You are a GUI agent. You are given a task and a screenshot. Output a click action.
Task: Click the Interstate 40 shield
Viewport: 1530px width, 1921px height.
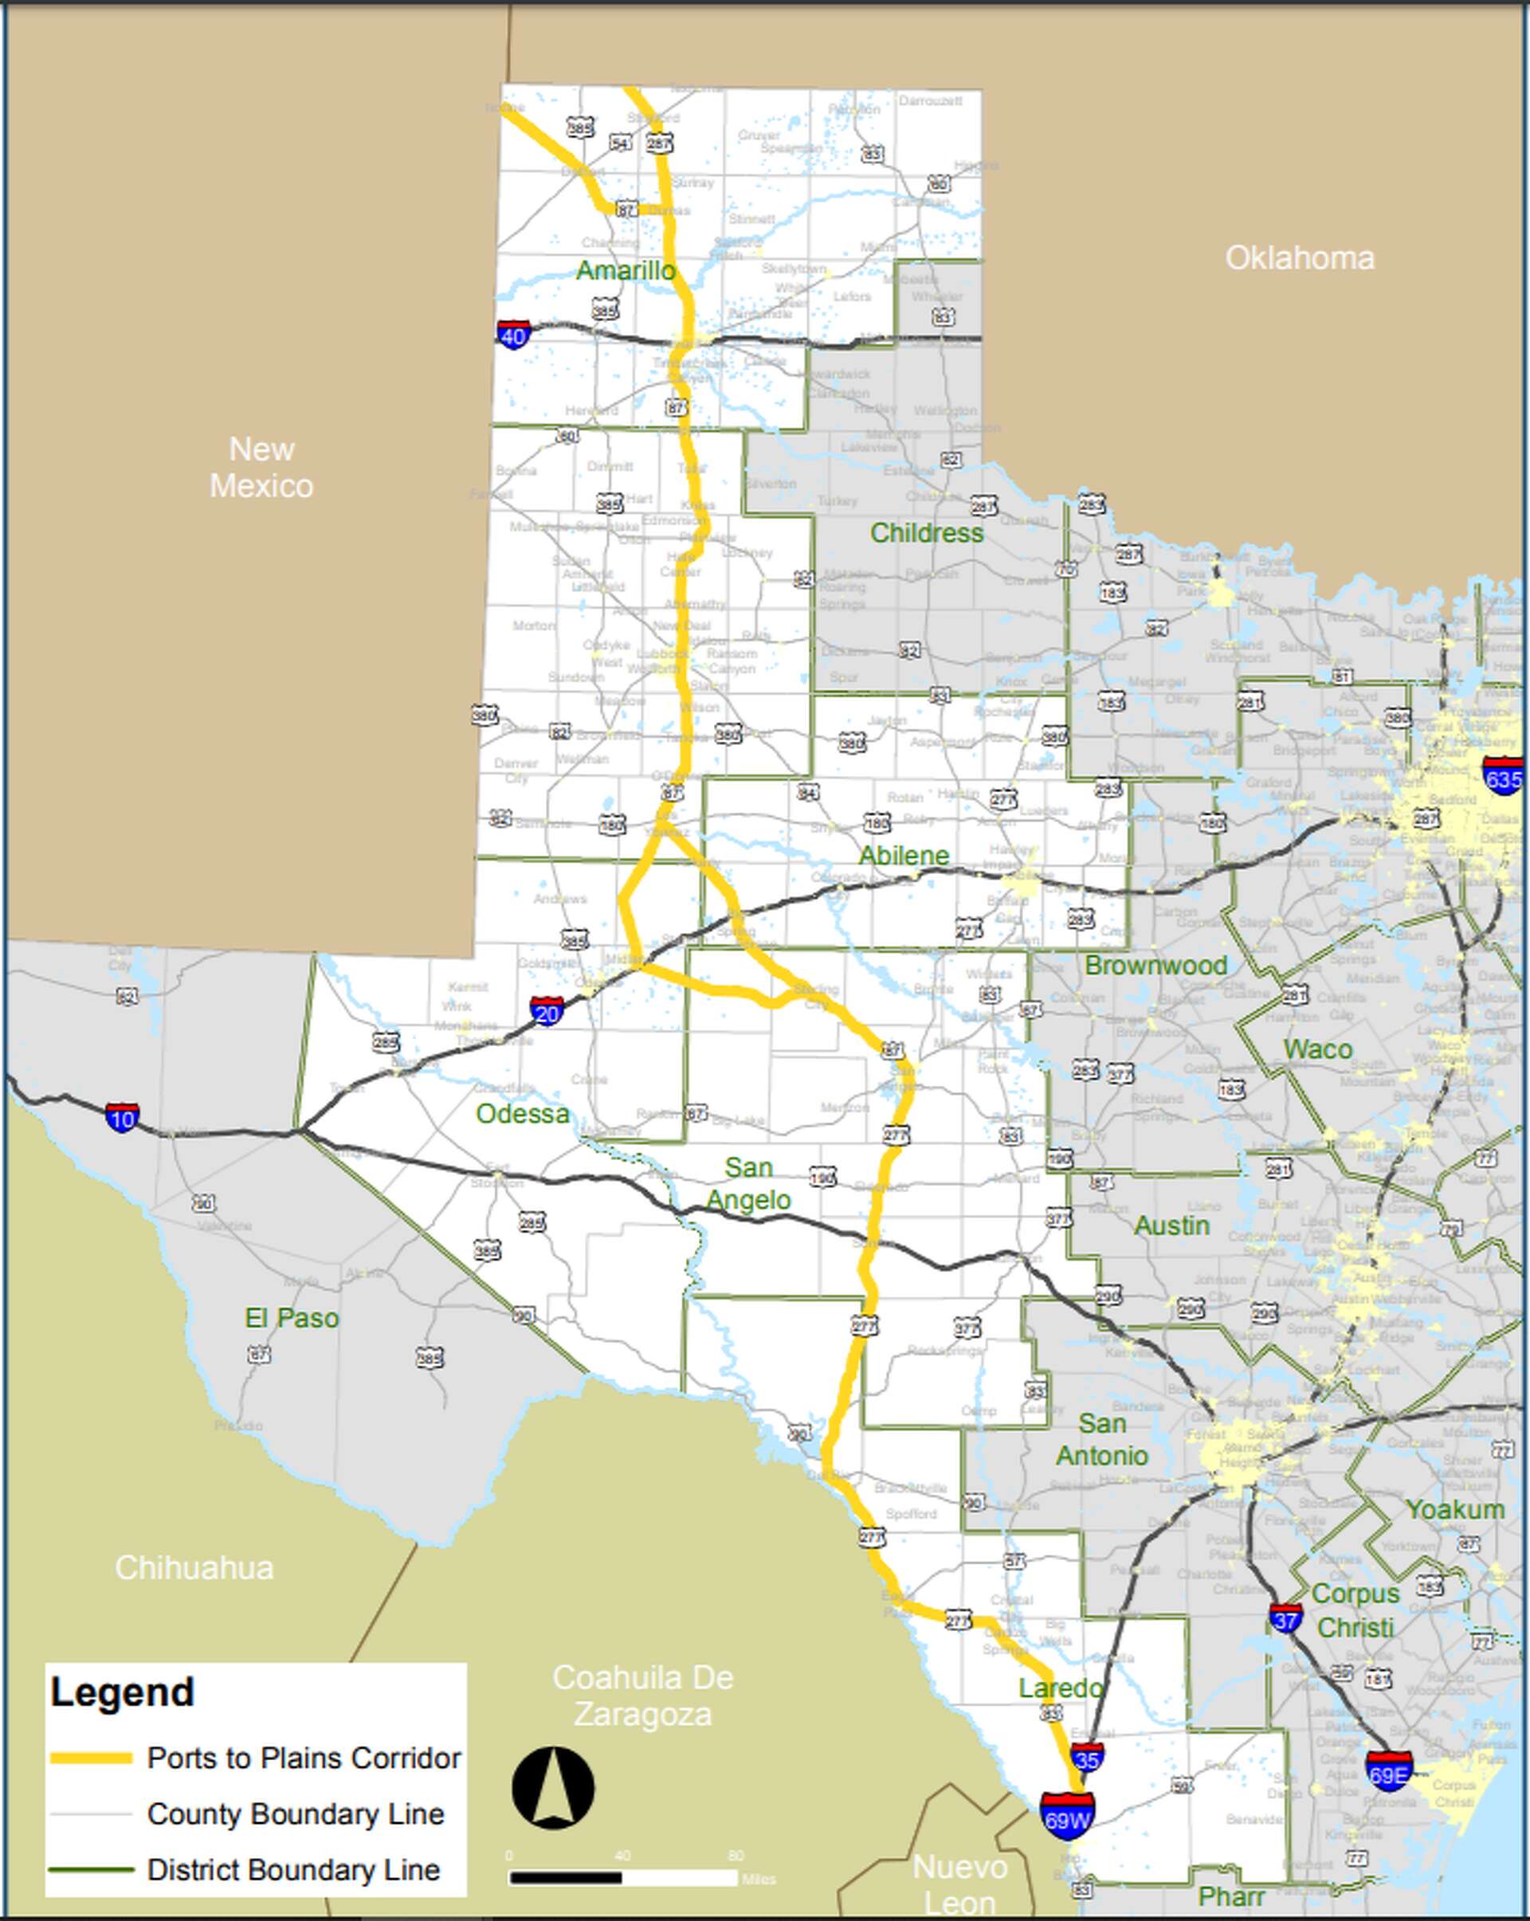tap(513, 334)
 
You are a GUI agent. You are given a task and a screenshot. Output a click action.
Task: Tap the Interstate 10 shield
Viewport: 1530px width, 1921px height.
tap(121, 1117)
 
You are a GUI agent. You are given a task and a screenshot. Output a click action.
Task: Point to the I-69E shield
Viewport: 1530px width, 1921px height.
tap(1388, 1771)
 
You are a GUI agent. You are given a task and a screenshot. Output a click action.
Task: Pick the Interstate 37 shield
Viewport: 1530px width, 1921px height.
tap(1285, 1618)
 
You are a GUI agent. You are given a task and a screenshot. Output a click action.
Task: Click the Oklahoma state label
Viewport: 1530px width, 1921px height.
tap(1299, 258)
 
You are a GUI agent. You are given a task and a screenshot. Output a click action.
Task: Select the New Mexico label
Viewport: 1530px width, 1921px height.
tap(261, 468)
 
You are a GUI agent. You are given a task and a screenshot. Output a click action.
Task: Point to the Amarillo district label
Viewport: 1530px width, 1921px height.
tap(626, 271)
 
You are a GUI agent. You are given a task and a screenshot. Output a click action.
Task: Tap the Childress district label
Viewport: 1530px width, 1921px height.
tap(927, 533)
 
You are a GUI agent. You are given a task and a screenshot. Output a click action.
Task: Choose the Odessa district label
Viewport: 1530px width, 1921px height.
tap(522, 1114)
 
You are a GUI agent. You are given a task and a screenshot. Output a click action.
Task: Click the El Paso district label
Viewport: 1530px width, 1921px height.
tap(292, 1319)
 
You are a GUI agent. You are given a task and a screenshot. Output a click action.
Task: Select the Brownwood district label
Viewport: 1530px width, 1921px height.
tap(1155, 965)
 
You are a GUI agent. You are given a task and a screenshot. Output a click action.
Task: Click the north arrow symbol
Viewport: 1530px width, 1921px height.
tap(552, 1787)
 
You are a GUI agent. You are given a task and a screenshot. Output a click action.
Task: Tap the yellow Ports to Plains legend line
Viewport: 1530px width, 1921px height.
tap(91, 1758)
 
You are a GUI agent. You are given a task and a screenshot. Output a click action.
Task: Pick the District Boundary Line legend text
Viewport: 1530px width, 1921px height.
tap(293, 1870)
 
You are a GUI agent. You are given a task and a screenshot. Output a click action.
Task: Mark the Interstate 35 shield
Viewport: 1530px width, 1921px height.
tap(1086, 1758)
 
